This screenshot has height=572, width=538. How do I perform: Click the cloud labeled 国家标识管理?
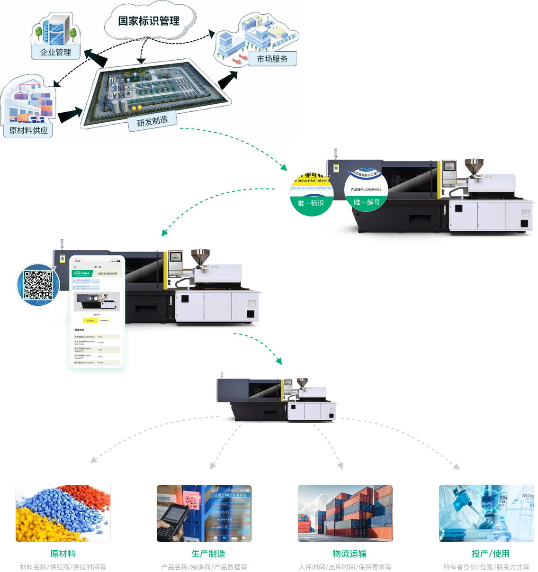coord(149,21)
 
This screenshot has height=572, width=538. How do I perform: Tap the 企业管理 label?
coord(55,52)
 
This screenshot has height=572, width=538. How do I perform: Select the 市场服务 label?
coord(272,59)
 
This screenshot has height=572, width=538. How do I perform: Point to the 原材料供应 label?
coord(28,130)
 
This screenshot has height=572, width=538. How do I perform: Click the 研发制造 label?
coord(152,121)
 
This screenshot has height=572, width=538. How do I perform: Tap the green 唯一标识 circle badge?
coord(311,195)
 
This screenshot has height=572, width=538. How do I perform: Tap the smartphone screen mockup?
coord(97,313)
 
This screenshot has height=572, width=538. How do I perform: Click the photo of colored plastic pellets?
coord(63,513)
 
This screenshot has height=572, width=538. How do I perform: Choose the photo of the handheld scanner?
coord(204,513)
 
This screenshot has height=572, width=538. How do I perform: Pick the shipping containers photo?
coord(345,513)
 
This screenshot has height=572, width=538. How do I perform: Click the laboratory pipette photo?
coord(486,513)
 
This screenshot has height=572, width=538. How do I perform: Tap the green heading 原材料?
coord(63,554)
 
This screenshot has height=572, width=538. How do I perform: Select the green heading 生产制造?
coord(208,554)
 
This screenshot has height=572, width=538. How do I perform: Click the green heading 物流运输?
coord(350,554)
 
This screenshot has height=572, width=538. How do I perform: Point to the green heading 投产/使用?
coord(490,554)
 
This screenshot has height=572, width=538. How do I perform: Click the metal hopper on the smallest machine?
coord(302,382)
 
